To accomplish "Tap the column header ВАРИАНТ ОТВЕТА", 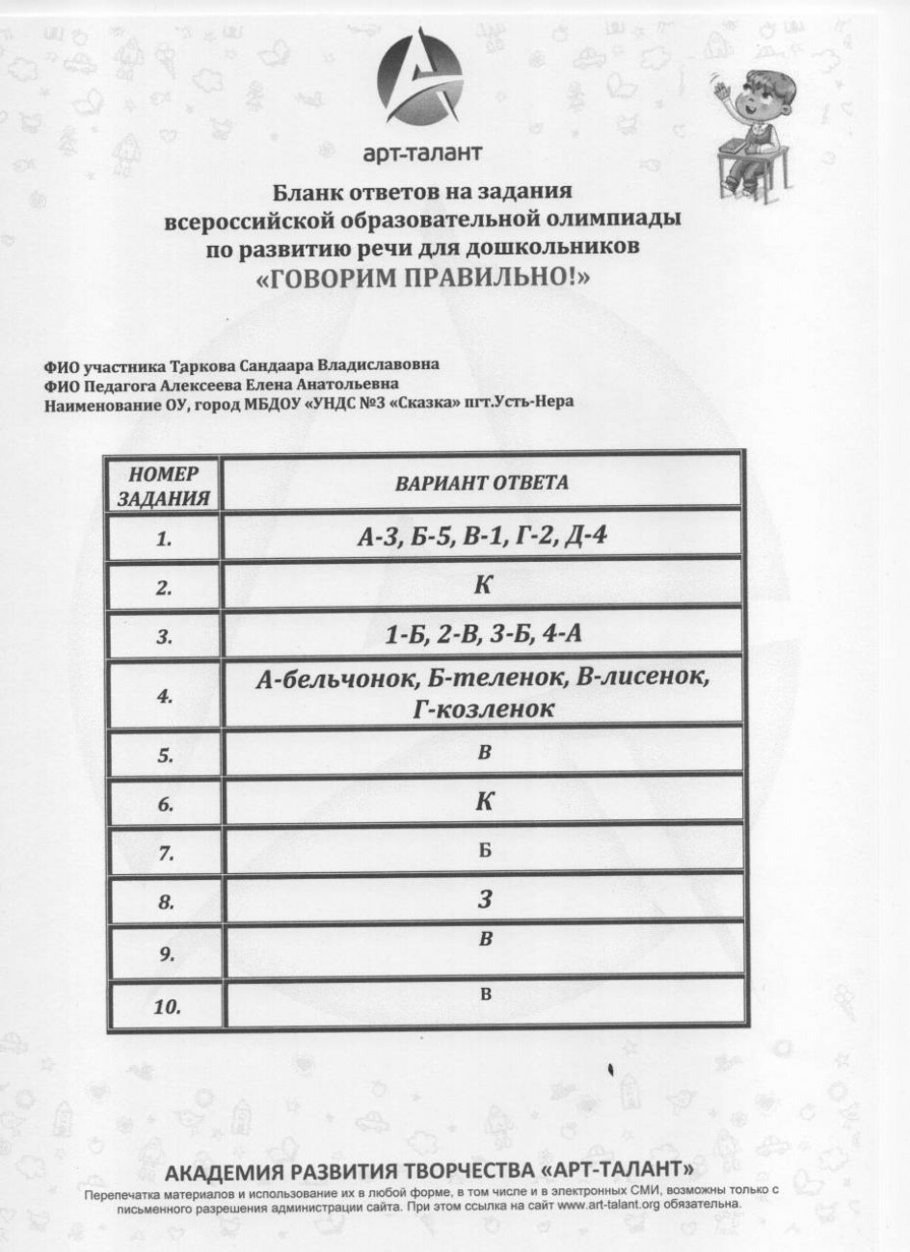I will [481, 482].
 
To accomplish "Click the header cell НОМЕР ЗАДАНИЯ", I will [163, 487].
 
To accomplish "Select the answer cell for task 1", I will [481, 536].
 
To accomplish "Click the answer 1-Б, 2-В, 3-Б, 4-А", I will [481, 634].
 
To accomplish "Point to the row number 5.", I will [165, 757].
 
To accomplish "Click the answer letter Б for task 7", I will [485, 851].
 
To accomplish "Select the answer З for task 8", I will [485, 900].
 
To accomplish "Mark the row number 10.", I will [167, 1007].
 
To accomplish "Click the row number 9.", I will [165, 954].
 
